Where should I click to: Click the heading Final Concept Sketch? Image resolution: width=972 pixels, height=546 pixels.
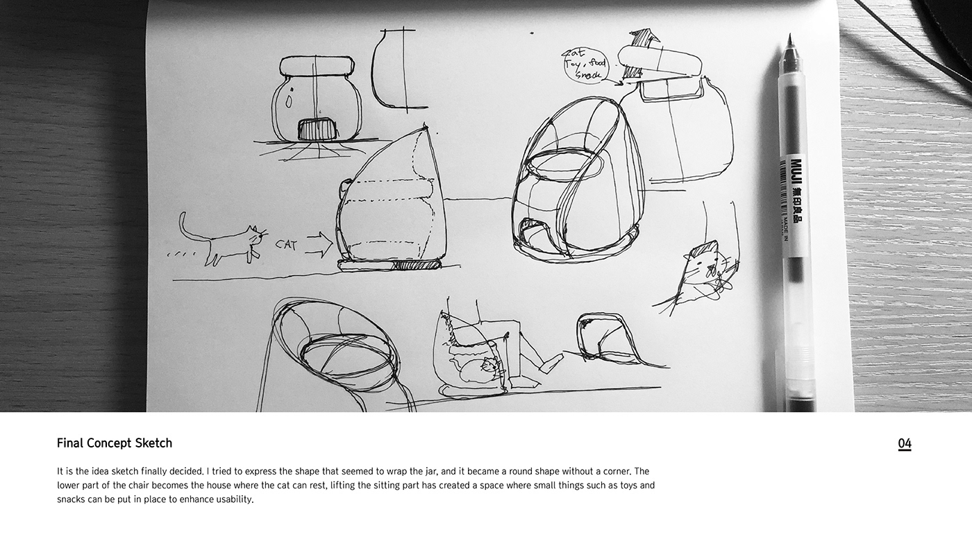coord(115,443)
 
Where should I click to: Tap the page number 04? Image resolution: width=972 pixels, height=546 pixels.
coord(904,444)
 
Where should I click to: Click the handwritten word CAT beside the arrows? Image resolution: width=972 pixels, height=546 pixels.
coord(287,244)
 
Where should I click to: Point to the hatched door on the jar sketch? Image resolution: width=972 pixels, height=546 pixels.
coord(317,129)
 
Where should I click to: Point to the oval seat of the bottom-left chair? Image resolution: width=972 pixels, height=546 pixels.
coord(343,355)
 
